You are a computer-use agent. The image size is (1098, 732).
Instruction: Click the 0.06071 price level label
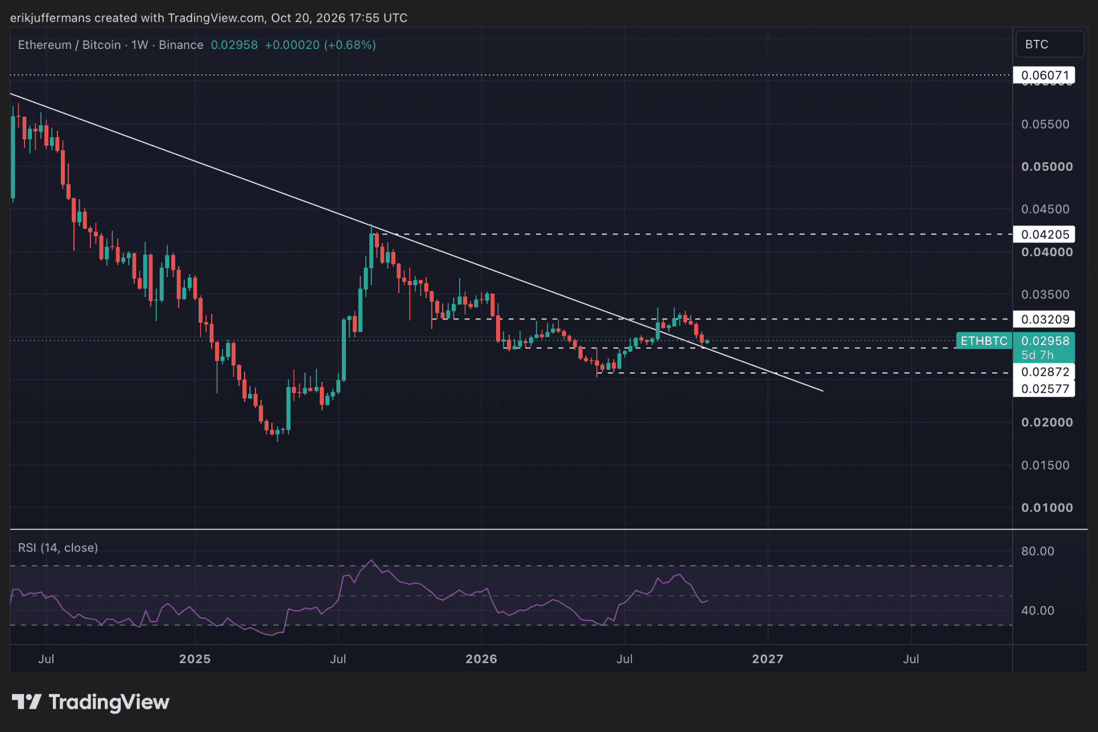point(1044,75)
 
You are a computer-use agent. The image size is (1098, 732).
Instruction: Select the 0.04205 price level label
point(1044,235)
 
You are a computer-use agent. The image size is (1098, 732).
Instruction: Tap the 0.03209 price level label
point(1044,319)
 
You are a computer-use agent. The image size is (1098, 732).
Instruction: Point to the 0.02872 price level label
point(1044,372)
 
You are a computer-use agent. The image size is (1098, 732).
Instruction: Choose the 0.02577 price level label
point(1044,389)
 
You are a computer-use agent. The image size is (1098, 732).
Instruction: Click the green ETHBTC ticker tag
point(984,341)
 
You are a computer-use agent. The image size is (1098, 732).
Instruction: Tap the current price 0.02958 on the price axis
point(1045,341)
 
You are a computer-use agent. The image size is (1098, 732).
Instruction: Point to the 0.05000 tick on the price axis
point(1047,167)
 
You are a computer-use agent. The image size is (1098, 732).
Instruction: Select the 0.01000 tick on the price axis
point(1047,508)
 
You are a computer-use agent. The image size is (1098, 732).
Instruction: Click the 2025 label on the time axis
point(195,659)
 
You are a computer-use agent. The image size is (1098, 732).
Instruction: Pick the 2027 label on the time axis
point(767,659)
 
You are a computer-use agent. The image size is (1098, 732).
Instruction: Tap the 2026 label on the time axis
point(481,659)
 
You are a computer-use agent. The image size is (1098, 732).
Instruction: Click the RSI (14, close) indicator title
point(58,548)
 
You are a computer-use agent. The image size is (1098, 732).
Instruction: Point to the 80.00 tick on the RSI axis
point(1038,551)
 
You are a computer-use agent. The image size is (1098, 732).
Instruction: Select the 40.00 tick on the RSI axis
point(1038,611)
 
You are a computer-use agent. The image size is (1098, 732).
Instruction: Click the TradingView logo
point(90,702)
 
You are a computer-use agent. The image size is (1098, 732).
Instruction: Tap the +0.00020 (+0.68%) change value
point(320,45)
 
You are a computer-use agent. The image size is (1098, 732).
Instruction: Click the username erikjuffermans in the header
point(51,18)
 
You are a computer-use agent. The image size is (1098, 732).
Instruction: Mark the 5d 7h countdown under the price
point(1037,355)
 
